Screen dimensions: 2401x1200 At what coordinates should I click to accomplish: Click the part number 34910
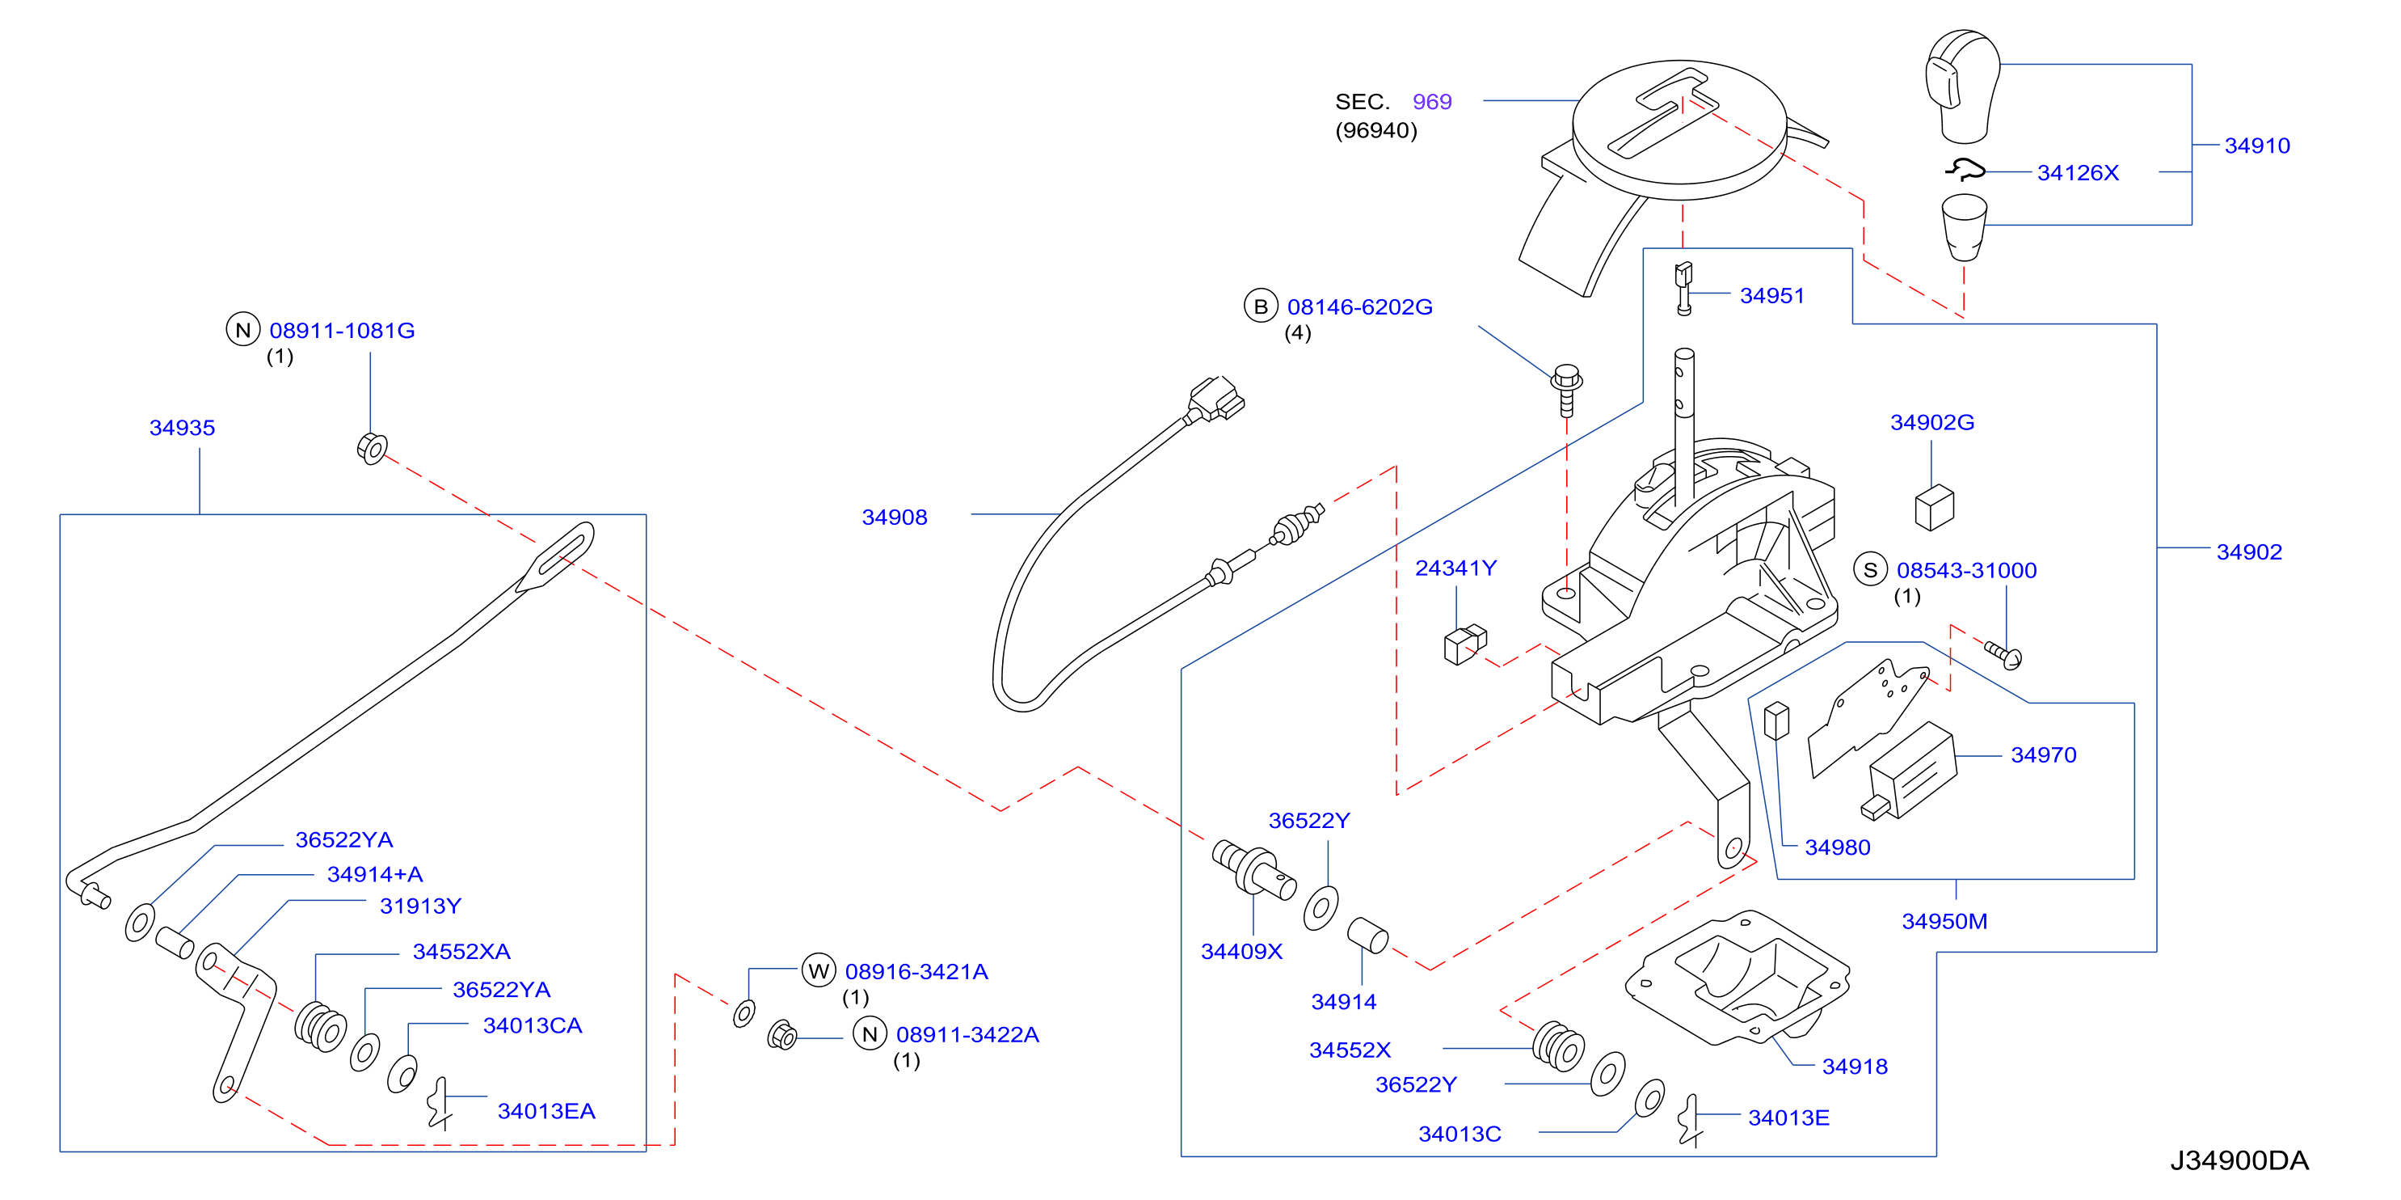coord(2256,146)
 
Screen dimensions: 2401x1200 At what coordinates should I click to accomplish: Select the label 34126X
coord(2078,172)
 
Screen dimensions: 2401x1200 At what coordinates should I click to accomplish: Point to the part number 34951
coord(1771,296)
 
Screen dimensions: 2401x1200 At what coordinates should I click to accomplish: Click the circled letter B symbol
coord(1260,306)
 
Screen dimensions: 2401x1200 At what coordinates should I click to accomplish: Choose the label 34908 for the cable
coord(894,518)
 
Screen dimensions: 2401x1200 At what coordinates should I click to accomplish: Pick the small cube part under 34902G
coord(1934,507)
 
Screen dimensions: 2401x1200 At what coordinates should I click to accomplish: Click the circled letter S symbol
coord(1870,570)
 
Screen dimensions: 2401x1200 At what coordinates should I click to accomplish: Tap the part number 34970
coord(2043,755)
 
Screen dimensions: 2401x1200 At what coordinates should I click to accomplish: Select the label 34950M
coord(1944,921)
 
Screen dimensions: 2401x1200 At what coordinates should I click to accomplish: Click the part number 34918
coord(1855,1067)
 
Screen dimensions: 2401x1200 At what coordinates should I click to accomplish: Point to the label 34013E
coord(1788,1118)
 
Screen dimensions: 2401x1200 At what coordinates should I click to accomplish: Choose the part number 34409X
coord(1241,952)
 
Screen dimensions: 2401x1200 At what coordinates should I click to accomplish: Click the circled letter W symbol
coord(819,970)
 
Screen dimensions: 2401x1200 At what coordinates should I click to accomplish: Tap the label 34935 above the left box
coord(182,428)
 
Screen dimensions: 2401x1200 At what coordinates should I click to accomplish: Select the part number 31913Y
coord(420,906)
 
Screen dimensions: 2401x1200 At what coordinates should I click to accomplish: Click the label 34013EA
coord(546,1111)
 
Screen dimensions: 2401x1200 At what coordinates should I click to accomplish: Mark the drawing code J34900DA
coord(2239,1161)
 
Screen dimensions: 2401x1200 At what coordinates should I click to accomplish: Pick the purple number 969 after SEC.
coord(1432,102)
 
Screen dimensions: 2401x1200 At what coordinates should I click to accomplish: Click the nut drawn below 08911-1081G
coord(372,449)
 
